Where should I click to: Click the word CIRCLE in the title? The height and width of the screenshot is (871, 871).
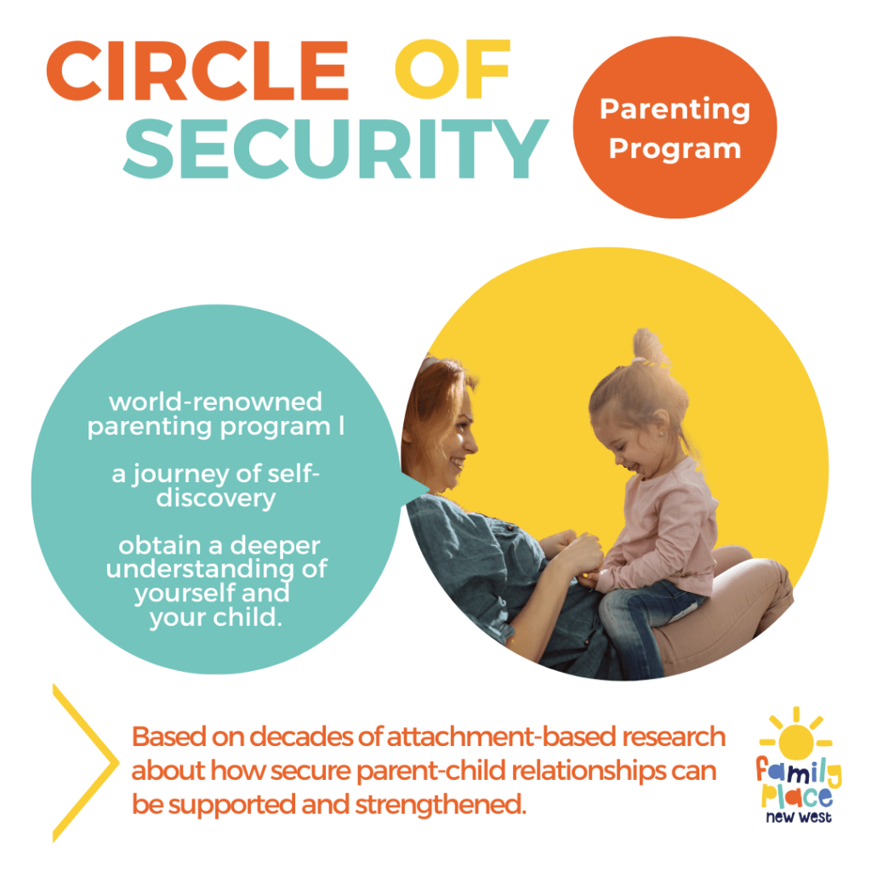coord(197,71)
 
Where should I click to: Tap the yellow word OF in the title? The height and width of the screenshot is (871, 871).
coord(453,70)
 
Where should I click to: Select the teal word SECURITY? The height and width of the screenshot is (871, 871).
coord(335,148)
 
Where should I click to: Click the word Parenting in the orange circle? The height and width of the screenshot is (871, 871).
coord(675,110)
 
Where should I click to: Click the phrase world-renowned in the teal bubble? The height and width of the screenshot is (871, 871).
coord(215,401)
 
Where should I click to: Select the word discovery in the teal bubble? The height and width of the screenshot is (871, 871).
coord(215,498)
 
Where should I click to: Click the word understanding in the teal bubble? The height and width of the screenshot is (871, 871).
coord(201,570)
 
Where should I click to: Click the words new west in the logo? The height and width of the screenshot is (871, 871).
coord(799,817)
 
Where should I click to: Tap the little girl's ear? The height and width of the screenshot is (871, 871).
coord(660,425)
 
